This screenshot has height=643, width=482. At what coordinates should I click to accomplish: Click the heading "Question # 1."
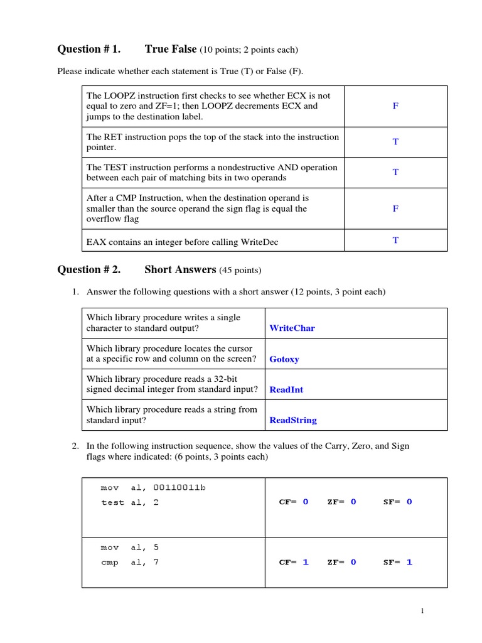click(88, 49)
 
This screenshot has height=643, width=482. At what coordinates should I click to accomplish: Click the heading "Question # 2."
click(88, 270)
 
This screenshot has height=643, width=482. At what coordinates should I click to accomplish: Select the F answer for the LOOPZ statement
click(395, 106)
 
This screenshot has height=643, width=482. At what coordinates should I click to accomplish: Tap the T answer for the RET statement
click(395, 142)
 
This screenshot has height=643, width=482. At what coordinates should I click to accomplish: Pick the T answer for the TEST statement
click(395, 172)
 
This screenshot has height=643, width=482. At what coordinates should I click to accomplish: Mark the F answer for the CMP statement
click(395, 208)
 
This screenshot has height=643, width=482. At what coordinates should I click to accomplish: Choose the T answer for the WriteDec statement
click(395, 240)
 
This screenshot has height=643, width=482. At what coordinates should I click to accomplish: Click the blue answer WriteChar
click(292, 328)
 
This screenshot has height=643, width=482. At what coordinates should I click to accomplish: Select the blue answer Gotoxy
click(284, 359)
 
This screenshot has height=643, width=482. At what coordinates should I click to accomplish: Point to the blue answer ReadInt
click(286, 390)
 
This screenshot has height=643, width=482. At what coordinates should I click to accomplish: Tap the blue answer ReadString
click(293, 420)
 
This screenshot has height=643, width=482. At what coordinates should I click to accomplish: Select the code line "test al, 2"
click(130, 502)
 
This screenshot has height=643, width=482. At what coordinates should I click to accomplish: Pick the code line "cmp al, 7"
click(130, 563)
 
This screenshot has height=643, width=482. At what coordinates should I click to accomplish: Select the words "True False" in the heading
click(171, 49)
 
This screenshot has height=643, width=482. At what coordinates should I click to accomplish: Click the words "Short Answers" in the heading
click(180, 270)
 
